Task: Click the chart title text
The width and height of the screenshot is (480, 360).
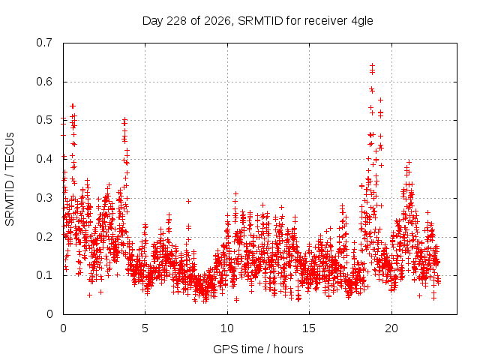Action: tap(258, 21)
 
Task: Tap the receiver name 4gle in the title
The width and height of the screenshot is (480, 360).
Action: tap(362, 21)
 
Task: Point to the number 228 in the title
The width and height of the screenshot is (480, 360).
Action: tap(177, 21)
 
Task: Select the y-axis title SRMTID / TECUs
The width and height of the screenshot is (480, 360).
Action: tap(10, 179)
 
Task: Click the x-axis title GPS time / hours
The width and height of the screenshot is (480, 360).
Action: tap(258, 349)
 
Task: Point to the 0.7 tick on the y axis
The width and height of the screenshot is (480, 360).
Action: tap(44, 43)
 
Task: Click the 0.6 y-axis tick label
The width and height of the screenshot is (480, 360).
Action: tap(44, 82)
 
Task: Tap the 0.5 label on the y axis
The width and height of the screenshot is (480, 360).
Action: tap(44, 120)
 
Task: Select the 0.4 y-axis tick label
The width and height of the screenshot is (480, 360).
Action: tap(44, 159)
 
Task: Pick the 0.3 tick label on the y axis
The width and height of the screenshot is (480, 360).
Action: tap(44, 198)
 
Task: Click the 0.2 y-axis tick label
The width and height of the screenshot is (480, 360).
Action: tap(44, 236)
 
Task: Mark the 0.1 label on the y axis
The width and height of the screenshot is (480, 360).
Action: tap(44, 275)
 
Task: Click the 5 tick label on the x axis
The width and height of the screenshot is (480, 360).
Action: tap(145, 328)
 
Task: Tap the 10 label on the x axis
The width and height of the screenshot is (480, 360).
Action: tap(227, 328)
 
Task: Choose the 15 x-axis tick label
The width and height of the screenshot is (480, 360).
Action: tap(309, 328)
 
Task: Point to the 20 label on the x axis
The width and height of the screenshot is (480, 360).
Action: tap(391, 328)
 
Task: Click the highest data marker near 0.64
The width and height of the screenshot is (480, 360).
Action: tap(372, 65)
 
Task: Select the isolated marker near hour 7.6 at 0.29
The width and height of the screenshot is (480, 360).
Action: tap(188, 201)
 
